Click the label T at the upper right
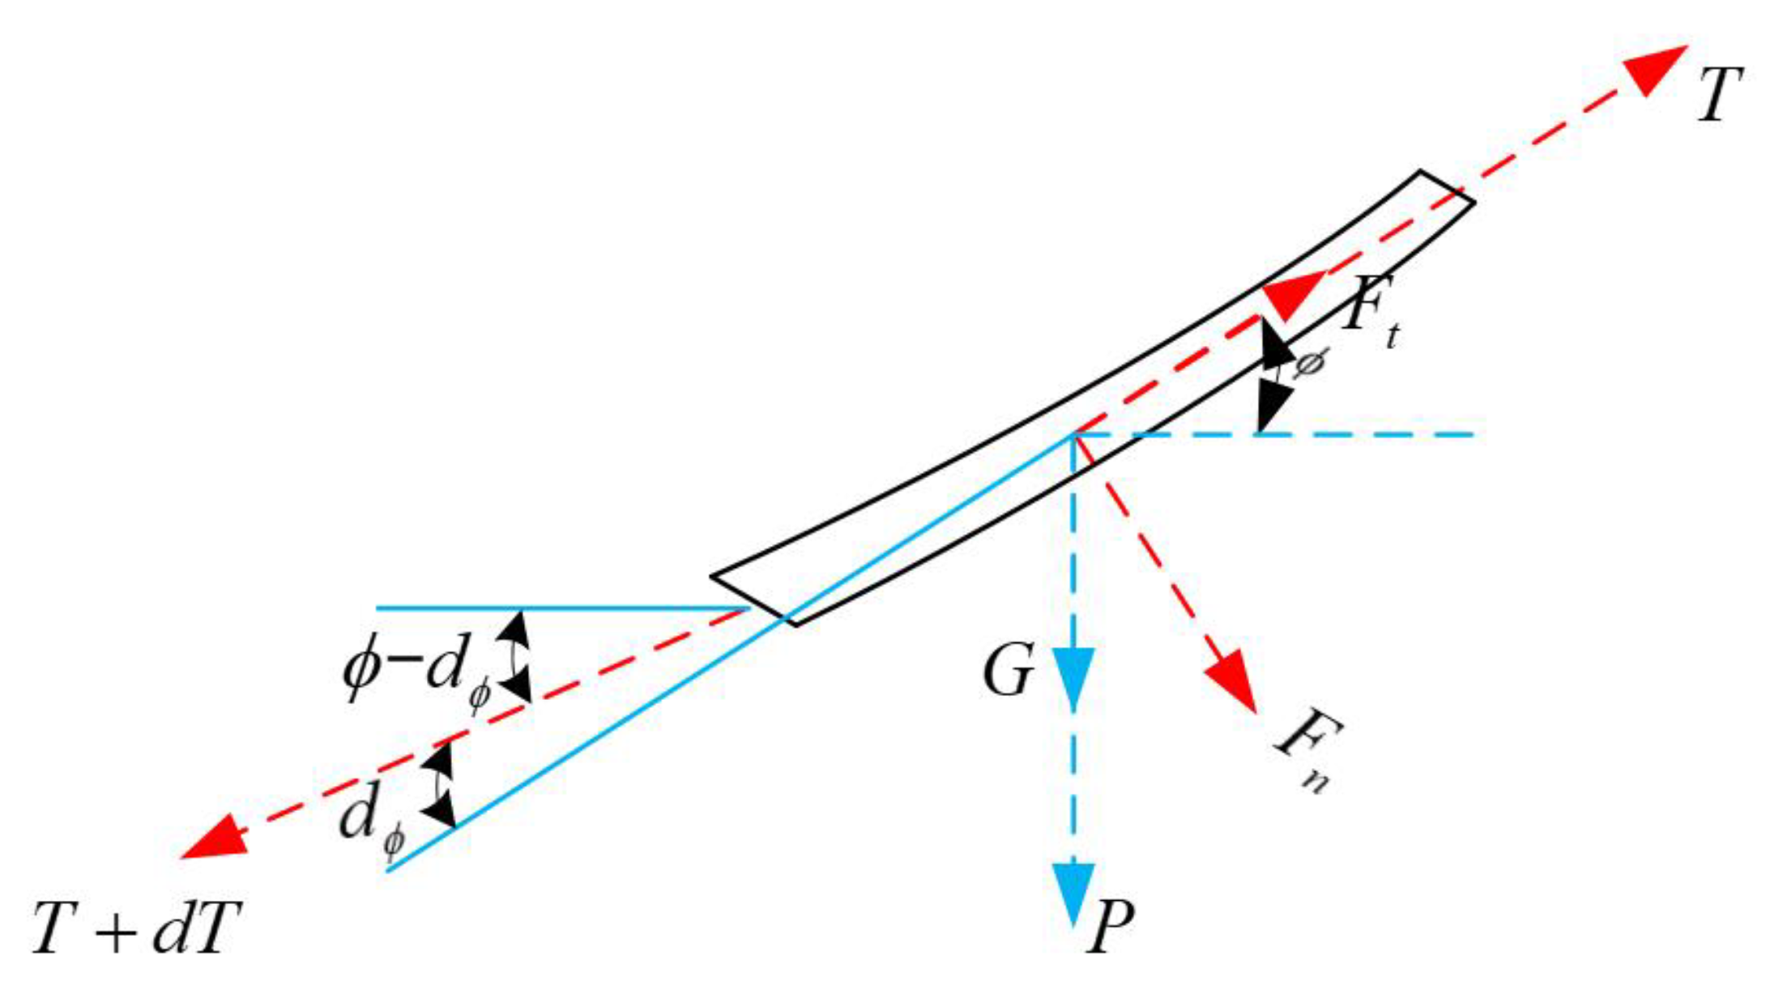1717,96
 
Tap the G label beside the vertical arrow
1009,671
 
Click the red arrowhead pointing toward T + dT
215,839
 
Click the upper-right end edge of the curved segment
1447,186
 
